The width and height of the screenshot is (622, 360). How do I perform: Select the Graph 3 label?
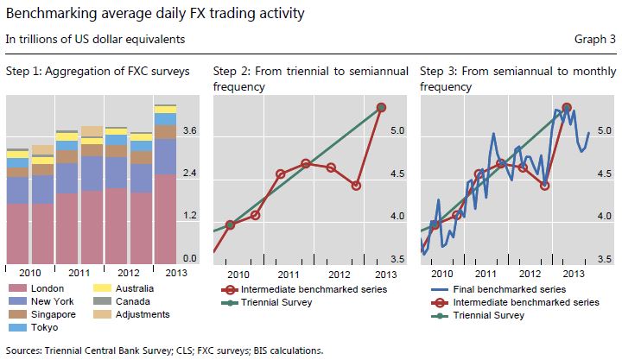click(593, 40)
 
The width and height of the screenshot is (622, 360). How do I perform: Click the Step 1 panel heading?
click(97, 70)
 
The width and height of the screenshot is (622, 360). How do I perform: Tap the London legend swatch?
click(16, 287)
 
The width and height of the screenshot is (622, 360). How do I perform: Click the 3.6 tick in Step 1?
click(191, 131)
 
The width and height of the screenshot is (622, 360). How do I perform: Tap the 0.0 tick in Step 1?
click(191, 258)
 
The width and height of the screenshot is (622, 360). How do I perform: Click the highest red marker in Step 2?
click(381, 107)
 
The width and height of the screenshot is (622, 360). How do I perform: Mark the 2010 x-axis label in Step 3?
click(441, 274)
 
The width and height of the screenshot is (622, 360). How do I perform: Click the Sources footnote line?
click(164, 351)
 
